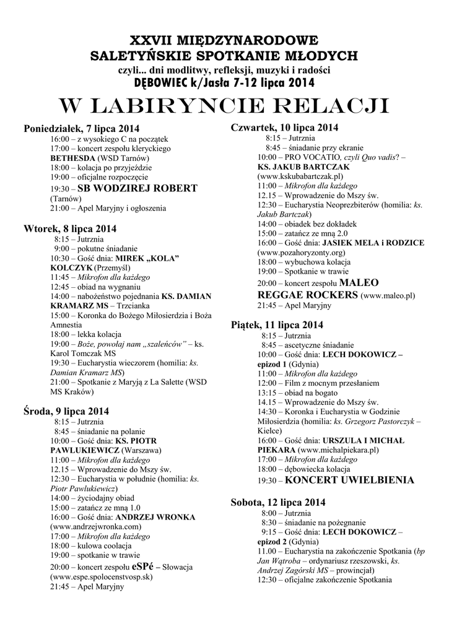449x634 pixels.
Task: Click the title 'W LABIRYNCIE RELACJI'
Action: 224,106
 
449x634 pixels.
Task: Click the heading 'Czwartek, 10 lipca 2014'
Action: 284,128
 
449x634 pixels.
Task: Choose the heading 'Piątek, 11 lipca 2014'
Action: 277,324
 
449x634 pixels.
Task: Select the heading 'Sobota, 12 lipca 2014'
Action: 278,502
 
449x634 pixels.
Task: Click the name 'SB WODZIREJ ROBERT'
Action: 137,188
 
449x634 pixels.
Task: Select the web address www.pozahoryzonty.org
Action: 301,253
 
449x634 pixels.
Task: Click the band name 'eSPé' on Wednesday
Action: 144,567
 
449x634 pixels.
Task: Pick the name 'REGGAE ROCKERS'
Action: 307,295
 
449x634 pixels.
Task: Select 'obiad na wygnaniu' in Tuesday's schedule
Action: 112,287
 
